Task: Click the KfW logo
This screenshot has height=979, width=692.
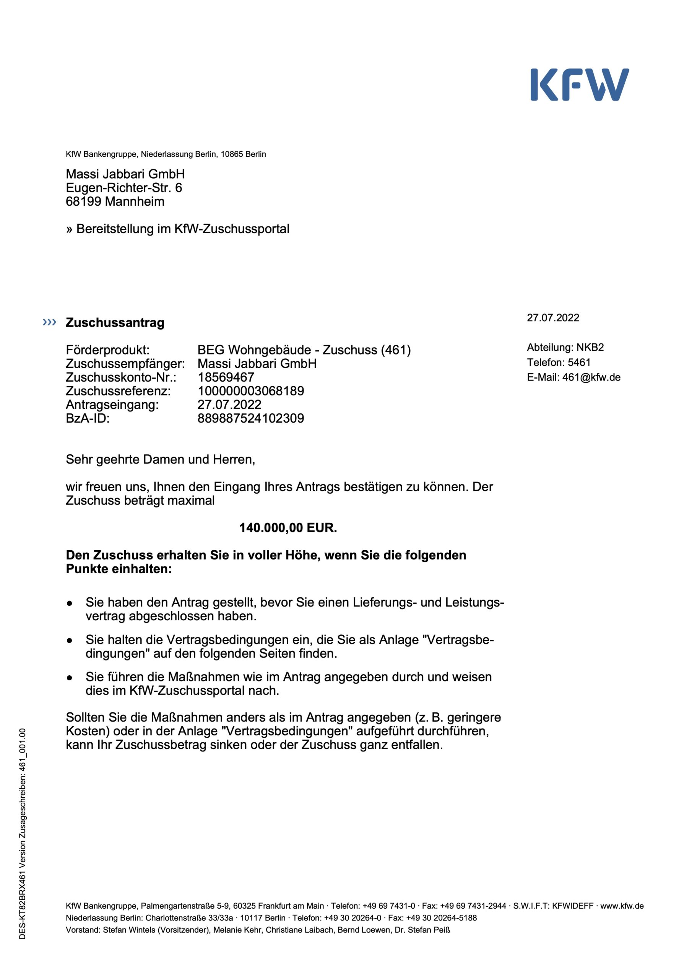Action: click(580, 85)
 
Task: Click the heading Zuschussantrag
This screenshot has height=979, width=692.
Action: click(115, 323)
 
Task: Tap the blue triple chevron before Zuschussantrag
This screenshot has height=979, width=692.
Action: click(49, 322)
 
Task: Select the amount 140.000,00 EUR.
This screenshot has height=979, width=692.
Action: click(288, 527)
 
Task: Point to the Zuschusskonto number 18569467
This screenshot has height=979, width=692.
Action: click(226, 377)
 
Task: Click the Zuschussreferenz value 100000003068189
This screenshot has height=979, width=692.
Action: click(251, 390)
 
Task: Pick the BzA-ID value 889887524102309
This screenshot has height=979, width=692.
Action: click(251, 418)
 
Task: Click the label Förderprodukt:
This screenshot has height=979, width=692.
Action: click(107, 350)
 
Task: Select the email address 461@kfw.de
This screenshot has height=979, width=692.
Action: click(591, 377)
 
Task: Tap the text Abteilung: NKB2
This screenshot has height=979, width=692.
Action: click(565, 347)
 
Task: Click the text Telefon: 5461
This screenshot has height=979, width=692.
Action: click(559, 362)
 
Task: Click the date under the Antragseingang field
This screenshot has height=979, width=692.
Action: click(229, 404)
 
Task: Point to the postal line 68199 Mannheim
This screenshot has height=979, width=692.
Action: click(115, 201)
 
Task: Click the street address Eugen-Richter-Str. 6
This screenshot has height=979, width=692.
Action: click(123, 188)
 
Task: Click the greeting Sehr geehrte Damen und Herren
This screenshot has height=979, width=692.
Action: click(160, 459)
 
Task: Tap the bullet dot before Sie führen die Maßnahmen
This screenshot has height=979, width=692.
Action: click(70, 678)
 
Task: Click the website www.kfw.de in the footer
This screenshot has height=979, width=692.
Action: click(622, 906)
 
